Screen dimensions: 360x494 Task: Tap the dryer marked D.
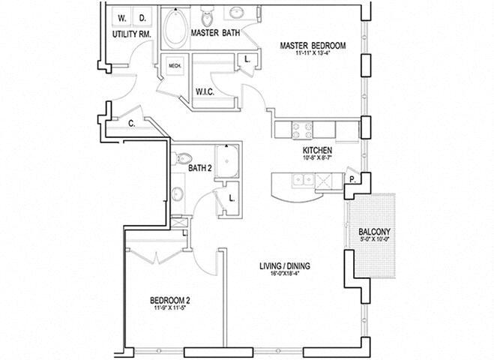coord(143,16)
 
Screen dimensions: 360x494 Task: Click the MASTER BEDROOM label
coord(313,46)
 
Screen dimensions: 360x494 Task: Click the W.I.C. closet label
coord(207,91)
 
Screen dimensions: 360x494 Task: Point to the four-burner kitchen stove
coord(302,129)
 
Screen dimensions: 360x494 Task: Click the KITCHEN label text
coord(313,150)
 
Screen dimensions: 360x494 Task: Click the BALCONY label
coord(373,232)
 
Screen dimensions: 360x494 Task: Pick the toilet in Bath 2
coord(181,160)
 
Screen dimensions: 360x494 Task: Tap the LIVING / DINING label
coord(285,266)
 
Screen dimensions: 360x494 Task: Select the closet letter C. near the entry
coord(131,124)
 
